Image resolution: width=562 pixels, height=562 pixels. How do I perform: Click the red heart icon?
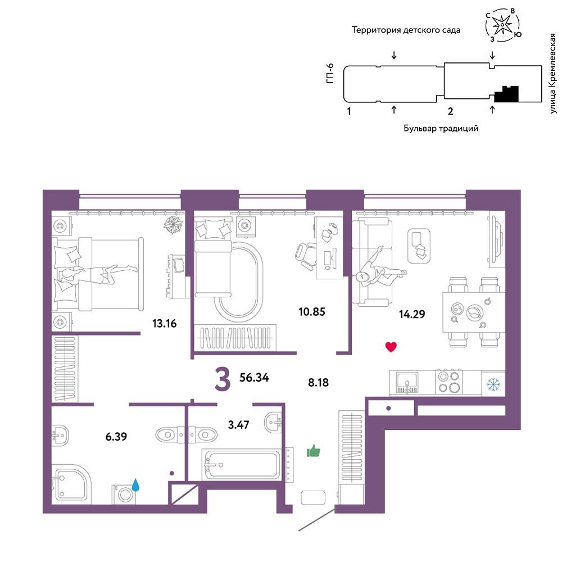pos(391,347)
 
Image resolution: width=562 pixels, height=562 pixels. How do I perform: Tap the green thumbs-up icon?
pos(313,451)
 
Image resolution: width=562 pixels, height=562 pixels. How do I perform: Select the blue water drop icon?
pos(135,485)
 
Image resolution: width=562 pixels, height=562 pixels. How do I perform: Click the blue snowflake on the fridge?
pos(493,384)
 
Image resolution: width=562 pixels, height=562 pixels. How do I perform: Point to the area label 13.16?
pos(165,323)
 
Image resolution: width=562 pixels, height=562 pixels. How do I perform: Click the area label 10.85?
pos(312,311)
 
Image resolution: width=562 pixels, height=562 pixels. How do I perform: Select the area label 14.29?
pos(412,314)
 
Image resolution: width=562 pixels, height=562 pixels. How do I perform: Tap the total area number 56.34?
pos(254,377)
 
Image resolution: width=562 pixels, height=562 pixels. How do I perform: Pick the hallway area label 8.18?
pos(318,382)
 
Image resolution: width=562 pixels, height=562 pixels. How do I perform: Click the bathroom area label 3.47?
pos(238,425)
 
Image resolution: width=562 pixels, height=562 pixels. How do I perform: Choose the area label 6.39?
pos(116,437)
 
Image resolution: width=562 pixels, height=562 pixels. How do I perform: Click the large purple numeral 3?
pos(222,380)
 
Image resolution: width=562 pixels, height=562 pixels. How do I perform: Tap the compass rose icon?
pos(503,24)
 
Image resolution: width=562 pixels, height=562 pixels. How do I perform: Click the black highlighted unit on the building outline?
pos(506,94)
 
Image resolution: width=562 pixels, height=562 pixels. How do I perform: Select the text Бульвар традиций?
pos(441,128)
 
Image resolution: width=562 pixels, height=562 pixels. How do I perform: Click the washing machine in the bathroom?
pos(124,494)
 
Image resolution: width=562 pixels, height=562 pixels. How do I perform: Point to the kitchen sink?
pos(407,382)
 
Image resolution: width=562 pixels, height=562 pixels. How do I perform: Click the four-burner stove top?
pos(448,382)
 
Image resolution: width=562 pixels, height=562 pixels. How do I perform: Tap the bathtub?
pos(241,464)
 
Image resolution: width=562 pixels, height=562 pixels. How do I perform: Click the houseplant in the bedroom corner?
pos(174,224)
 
